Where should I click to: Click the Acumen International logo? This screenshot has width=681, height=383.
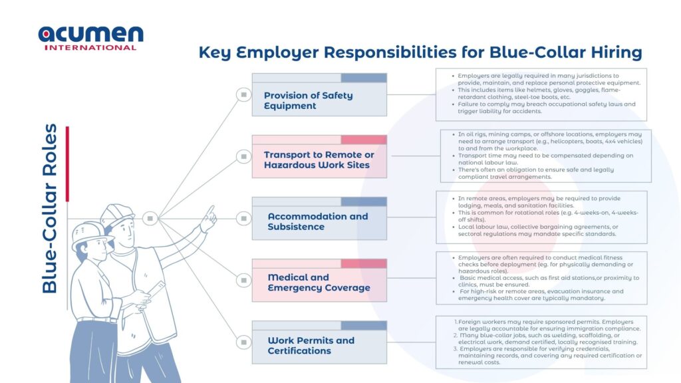click(x=90, y=38)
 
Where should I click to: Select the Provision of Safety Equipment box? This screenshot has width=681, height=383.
click(x=319, y=94)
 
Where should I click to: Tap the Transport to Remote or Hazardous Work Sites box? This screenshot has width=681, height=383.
click(x=319, y=156)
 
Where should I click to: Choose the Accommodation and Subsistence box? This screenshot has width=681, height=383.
click(x=319, y=218)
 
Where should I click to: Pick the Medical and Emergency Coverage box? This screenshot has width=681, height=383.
click(x=319, y=280)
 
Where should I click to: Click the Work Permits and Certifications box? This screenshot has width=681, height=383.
click(x=319, y=342)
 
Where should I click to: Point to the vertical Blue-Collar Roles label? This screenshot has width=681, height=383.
click(x=49, y=208)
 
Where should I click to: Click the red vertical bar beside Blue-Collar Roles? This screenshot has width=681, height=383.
click(x=67, y=164)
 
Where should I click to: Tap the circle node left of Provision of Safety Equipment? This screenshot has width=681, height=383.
click(x=243, y=94)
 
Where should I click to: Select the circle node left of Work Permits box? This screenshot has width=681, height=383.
click(x=243, y=342)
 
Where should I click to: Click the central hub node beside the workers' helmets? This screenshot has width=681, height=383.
click(x=150, y=218)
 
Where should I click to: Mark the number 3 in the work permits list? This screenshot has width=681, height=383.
click(x=456, y=348)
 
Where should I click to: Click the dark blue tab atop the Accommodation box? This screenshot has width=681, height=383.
click(x=364, y=201)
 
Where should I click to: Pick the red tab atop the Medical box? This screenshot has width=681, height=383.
click(x=364, y=263)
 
